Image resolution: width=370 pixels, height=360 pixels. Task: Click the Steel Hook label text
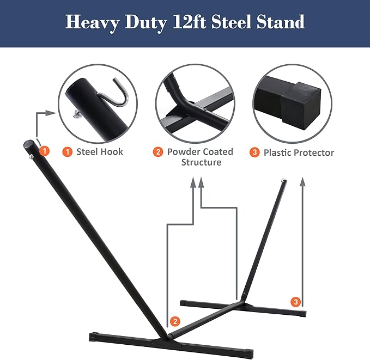coord(100,152)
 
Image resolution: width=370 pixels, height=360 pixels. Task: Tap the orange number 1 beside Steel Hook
coord(67,152)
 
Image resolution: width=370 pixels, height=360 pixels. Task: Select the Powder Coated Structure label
coord(200,157)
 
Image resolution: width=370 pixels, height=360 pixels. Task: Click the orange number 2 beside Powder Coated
coord(158,152)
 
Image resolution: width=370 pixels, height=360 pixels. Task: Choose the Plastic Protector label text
coord(299,152)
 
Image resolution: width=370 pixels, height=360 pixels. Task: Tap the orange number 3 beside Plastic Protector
coord(254,152)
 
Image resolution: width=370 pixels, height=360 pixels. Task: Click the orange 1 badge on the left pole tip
coord(45,150)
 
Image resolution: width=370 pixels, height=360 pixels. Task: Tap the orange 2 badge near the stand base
coord(174,321)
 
